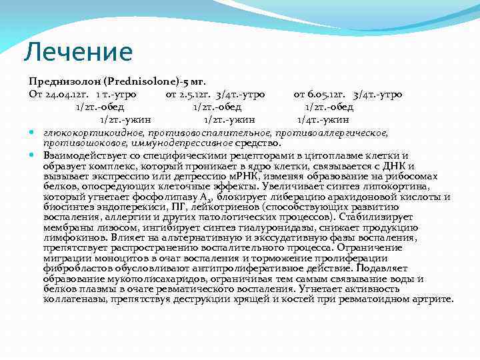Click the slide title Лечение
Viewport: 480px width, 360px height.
click(x=78, y=51)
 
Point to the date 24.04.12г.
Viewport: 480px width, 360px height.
click(x=67, y=95)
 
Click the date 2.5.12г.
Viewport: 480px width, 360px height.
click(x=193, y=95)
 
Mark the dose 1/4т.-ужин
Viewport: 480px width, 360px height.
click(x=323, y=120)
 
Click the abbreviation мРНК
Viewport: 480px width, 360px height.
click(x=253, y=176)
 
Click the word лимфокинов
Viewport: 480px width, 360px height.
click(x=71, y=237)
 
